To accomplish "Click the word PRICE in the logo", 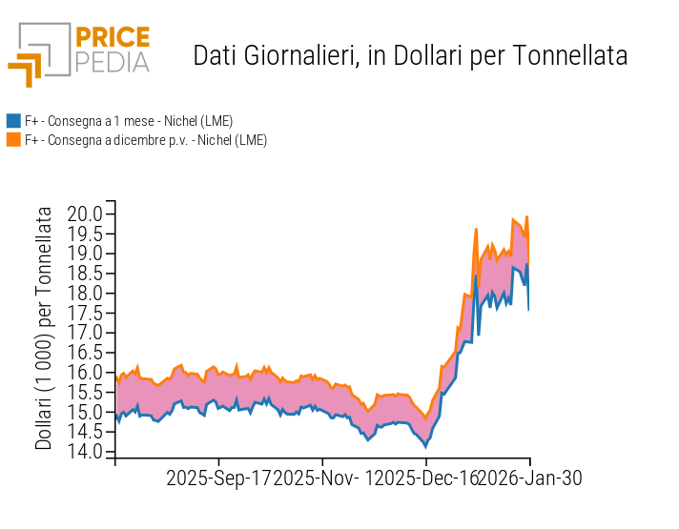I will pyautogui.click(x=112, y=38).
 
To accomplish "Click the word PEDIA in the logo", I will pyautogui.click(x=112, y=62).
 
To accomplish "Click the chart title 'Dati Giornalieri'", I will pyautogui.click(x=273, y=56).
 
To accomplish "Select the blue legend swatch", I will pyautogui.click(x=13, y=121).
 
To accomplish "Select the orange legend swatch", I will pyautogui.click(x=13, y=140).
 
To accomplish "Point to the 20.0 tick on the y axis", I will pyautogui.click(x=85, y=214).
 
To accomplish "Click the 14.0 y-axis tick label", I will pyautogui.click(x=85, y=452).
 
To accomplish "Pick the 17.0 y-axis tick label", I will pyautogui.click(x=85, y=333).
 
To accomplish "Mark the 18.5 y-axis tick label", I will pyautogui.click(x=85, y=274).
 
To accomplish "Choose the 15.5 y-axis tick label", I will pyautogui.click(x=85, y=393).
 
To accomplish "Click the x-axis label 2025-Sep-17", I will pyautogui.click(x=218, y=478).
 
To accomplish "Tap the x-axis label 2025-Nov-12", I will pyautogui.click(x=327, y=478).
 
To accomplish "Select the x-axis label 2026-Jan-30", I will pyautogui.click(x=529, y=478).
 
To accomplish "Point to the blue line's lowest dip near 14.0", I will pyautogui.click(x=425, y=445).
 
